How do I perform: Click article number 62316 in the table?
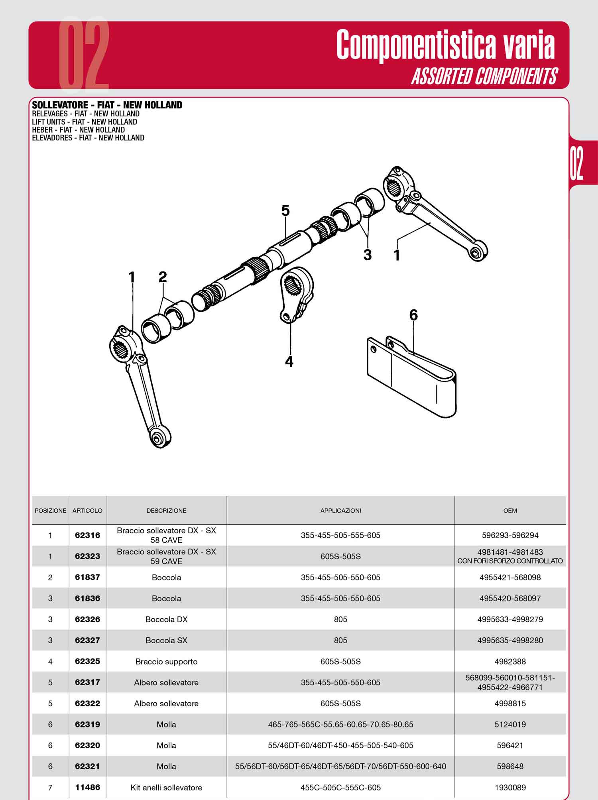(x=87, y=535)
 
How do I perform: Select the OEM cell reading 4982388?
(x=510, y=661)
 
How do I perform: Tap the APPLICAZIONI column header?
(x=340, y=511)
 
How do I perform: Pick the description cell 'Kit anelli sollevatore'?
(x=166, y=788)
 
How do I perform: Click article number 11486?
(x=87, y=787)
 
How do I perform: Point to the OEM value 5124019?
(x=510, y=724)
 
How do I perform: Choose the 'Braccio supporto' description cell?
(x=166, y=662)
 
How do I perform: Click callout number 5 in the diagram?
(x=285, y=210)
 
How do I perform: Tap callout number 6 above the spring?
(x=413, y=315)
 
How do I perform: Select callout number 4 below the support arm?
(x=289, y=362)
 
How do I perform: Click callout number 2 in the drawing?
(x=162, y=277)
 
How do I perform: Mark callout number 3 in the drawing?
(x=367, y=255)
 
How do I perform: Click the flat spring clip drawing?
(x=412, y=377)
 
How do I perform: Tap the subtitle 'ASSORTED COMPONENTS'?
(x=484, y=76)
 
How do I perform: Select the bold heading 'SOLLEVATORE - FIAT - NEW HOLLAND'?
(x=107, y=105)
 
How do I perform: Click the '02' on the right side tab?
(x=576, y=163)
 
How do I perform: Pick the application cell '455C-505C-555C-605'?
(x=340, y=788)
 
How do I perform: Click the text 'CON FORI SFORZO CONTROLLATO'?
(x=510, y=561)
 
